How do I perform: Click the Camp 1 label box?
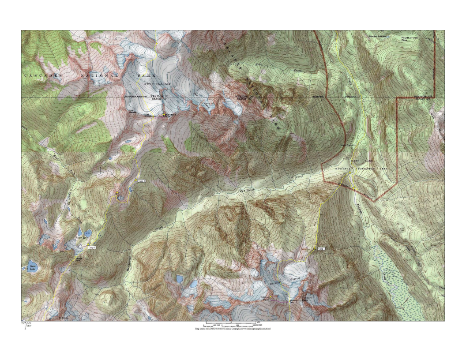[x=321, y=249]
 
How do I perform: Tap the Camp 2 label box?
[x=92, y=248]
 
